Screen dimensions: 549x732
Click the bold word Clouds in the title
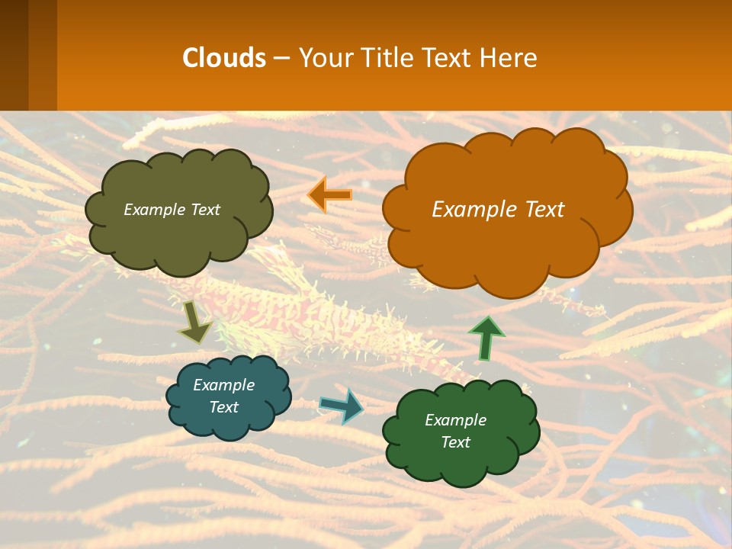pyautogui.click(x=224, y=58)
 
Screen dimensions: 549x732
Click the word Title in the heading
pyautogui.click(x=387, y=58)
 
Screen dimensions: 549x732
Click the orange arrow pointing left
pyautogui.click(x=329, y=195)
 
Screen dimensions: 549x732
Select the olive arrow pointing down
pyautogui.click(x=194, y=323)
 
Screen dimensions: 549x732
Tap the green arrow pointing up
pyautogui.click(x=486, y=339)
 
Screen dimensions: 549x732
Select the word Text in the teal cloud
pyautogui.click(x=223, y=407)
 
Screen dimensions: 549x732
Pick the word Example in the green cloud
pyautogui.click(x=455, y=420)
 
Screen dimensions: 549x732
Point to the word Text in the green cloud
pyautogui.click(x=455, y=442)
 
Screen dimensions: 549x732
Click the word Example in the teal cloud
pyautogui.click(x=223, y=385)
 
